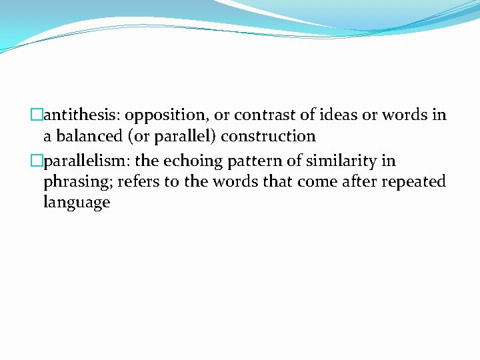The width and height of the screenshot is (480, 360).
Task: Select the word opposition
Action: (x=163, y=115)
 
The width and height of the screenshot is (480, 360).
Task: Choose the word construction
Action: (x=268, y=136)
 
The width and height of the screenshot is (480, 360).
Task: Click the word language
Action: (x=77, y=203)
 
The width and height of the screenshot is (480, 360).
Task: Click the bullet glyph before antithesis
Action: (x=38, y=115)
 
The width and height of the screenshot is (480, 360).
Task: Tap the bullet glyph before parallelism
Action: (x=38, y=161)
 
